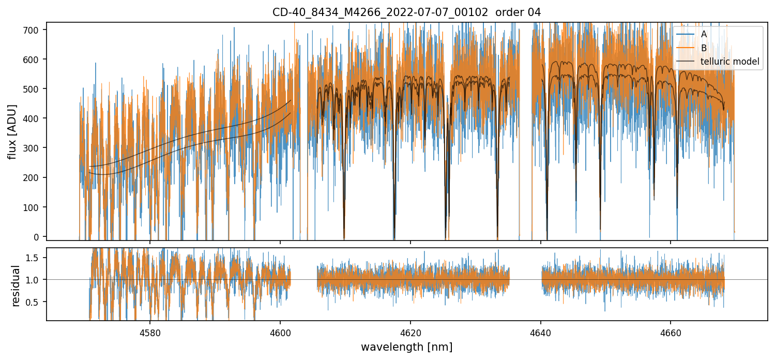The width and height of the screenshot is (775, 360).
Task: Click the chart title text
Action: [x=406, y=12]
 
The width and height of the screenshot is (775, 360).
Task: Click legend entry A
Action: [x=704, y=35]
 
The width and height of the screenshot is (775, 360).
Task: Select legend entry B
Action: [x=704, y=48]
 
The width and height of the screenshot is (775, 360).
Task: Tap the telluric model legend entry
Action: [x=730, y=62]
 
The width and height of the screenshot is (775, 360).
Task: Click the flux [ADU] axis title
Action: [x=12, y=131]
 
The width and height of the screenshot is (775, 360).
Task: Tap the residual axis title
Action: [x=16, y=286]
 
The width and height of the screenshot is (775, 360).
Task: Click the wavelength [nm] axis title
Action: [x=406, y=347]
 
